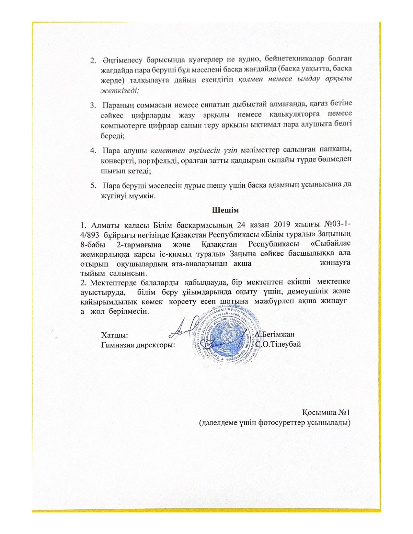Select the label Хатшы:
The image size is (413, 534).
(116, 334)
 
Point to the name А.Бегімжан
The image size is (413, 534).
(274, 334)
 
